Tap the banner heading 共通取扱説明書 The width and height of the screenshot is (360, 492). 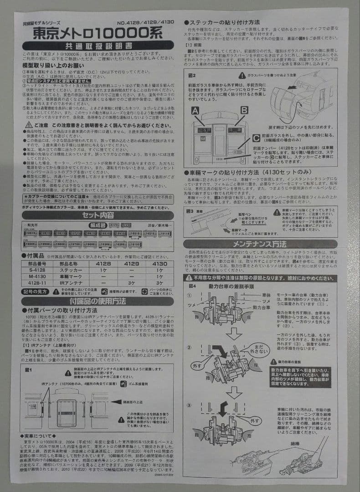coord(98,46)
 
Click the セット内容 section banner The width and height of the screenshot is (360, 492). coord(98,215)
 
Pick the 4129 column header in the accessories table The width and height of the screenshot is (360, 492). coord(132,264)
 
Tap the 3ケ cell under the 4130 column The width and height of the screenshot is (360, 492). coord(159,283)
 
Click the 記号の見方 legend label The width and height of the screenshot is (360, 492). coord(36,291)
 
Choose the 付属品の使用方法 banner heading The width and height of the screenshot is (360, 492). coord(98,302)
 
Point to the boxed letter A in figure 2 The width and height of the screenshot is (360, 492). coord(195,110)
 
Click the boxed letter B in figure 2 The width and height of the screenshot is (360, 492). coord(244,110)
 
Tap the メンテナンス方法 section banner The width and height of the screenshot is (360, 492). coord(260,244)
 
